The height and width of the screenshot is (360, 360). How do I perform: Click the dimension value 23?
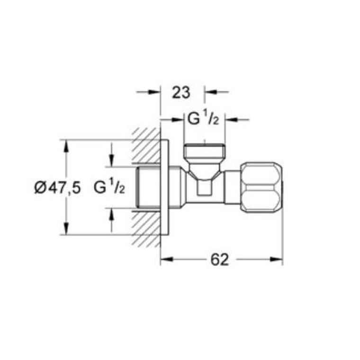coord(181,92)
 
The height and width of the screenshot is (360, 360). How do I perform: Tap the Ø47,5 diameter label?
coord(57,188)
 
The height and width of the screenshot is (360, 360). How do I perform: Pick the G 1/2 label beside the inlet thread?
coord(109,188)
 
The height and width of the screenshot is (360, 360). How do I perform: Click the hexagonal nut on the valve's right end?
coord(262,188)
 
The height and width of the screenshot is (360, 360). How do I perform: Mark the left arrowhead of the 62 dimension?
coord(166,259)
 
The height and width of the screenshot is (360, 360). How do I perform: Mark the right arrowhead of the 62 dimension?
coord(278,259)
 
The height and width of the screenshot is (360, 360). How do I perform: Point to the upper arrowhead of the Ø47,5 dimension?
coord(66,144)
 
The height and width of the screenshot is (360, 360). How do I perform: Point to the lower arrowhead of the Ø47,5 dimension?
coord(66,230)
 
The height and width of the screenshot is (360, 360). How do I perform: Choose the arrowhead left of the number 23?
coord(155,92)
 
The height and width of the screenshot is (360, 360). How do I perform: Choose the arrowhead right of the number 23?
coord(210,92)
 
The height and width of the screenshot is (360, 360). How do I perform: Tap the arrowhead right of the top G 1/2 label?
coord(230,119)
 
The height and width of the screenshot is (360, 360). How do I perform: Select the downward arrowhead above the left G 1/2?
coord(112,162)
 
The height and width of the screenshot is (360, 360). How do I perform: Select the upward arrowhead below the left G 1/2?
coord(112,213)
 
